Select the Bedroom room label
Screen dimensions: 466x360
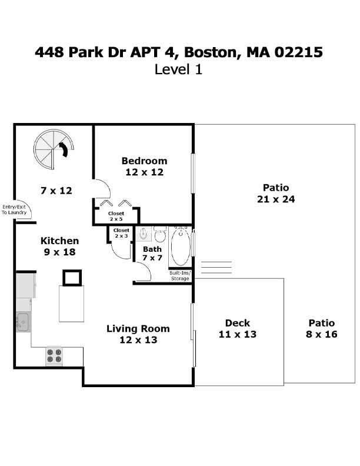tap(144, 167)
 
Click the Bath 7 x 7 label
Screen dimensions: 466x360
tap(152, 254)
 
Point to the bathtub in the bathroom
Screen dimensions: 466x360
tap(181, 247)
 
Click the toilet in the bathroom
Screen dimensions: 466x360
tap(160, 236)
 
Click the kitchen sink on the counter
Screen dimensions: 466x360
tap(23, 322)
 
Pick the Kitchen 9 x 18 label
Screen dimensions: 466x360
tap(59, 247)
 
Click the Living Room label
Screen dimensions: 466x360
tap(138, 334)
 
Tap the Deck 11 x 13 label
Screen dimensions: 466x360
tap(238, 328)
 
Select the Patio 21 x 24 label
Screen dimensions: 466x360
tap(276, 193)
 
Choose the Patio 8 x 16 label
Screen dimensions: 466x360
tap(321, 328)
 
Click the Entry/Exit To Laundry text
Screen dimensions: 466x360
tap(14, 209)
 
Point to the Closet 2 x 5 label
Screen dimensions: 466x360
tap(116, 216)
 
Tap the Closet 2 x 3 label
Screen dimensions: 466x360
tap(121, 233)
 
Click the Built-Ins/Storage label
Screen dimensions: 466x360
tap(179, 276)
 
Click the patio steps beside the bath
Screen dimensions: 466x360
tap(216, 268)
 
